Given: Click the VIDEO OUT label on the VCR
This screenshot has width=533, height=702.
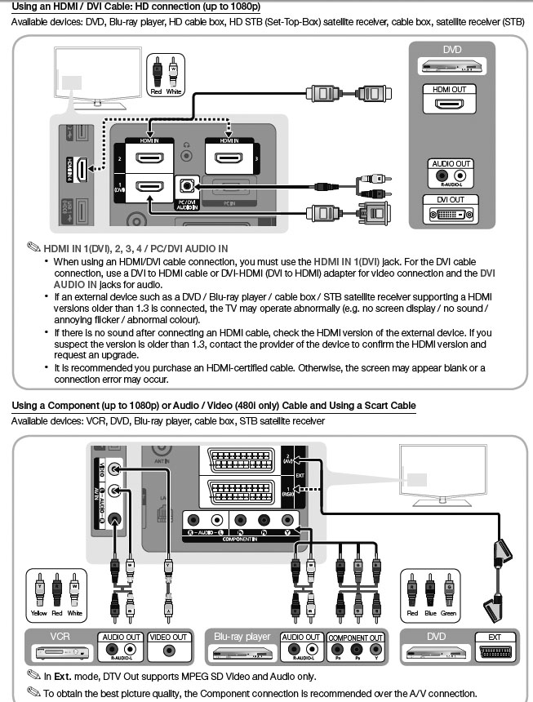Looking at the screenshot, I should pyautogui.click(x=168, y=637).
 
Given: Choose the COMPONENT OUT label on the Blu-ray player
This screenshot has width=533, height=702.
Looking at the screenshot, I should pyautogui.click(x=355, y=637).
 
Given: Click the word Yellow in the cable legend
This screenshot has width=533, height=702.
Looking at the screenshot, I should pyautogui.click(x=38, y=613).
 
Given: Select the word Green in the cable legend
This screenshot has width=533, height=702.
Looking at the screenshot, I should pyautogui.click(x=448, y=613).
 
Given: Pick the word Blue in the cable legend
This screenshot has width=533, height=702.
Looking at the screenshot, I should pyautogui.click(x=430, y=613).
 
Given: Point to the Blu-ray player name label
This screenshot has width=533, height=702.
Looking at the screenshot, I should pyautogui.click(x=242, y=636).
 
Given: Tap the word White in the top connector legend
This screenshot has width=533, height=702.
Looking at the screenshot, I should pyautogui.click(x=173, y=92).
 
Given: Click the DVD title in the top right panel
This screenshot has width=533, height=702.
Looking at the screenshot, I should pyautogui.click(x=451, y=50).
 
